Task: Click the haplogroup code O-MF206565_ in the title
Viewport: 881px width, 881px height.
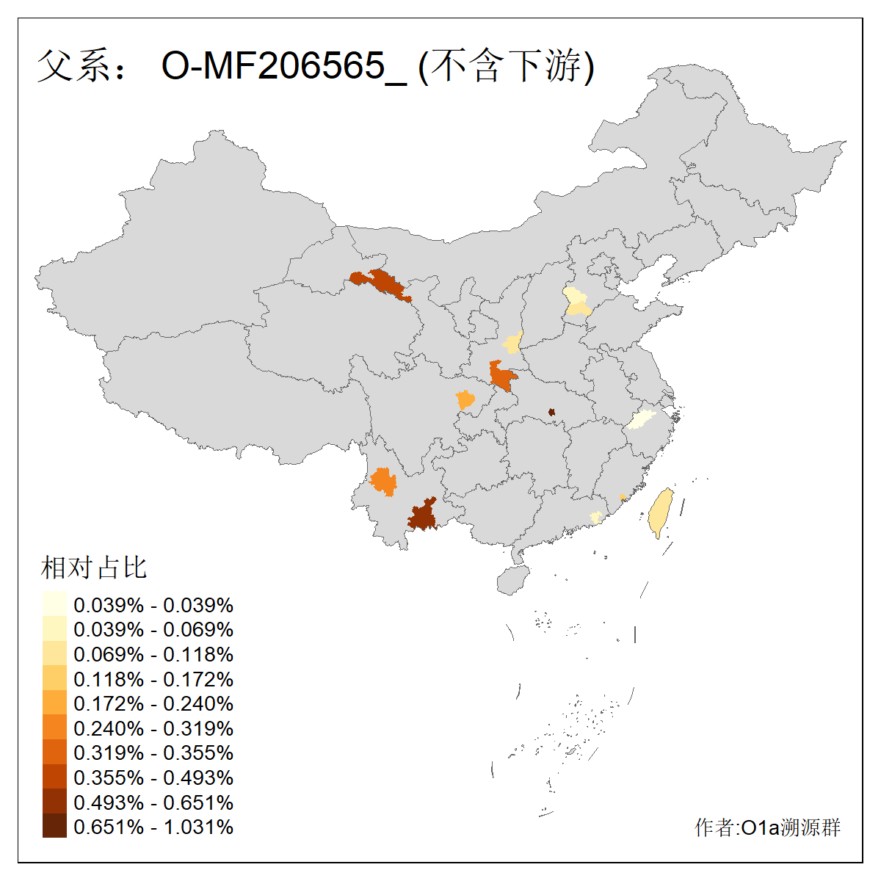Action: (x=283, y=66)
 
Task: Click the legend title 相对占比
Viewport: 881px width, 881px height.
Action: (x=94, y=568)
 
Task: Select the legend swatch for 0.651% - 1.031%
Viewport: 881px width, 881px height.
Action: (x=54, y=826)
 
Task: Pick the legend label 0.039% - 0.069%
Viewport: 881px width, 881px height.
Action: (x=153, y=629)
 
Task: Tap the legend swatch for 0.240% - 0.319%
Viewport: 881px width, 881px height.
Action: (x=54, y=728)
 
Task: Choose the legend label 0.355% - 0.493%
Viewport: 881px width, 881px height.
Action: (x=153, y=777)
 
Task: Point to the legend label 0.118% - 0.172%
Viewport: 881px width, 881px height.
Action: (x=153, y=679)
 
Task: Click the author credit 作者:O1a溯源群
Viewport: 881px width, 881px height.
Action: (x=767, y=827)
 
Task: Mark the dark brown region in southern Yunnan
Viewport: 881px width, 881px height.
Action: (x=423, y=514)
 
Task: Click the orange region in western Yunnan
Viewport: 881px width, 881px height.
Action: (x=383, y=482)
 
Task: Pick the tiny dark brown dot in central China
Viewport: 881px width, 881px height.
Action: (x=551, y=413)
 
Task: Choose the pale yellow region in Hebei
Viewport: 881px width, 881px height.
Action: (x=577, y=302)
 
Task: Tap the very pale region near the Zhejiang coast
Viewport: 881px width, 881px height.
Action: (x=640, y=419)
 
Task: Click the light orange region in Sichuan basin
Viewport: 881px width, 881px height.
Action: (x=465, y=400)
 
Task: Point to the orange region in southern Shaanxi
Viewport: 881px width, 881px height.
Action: (x=502, y=376)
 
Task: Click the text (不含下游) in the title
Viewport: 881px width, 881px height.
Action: (x=506, y=66)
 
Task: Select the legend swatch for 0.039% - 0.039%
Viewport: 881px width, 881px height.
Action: (x=54, y=604)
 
